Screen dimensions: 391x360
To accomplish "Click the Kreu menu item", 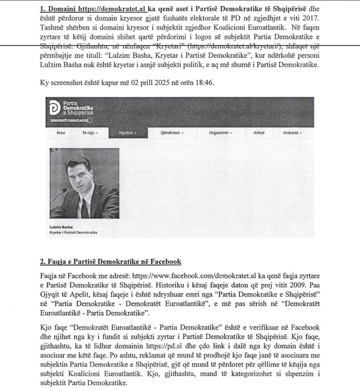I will [x=61, y=133].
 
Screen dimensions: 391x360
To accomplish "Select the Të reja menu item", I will [x=90, y=133].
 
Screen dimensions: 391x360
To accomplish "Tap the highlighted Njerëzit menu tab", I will [x=128, y=133].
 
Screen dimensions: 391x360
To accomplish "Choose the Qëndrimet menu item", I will [x=172, y=133].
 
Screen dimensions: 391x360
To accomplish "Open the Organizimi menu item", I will [x=221, y=133].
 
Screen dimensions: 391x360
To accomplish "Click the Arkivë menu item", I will [x=259, y=133].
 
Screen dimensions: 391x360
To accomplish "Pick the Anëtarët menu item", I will [x=292, y=133].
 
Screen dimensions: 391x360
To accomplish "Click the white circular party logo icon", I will [x=54, y=108].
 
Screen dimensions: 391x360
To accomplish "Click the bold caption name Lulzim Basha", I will [x=58, y=228].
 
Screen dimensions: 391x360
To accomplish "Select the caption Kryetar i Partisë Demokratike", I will [x=73, y=233].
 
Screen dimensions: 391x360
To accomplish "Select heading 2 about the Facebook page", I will [x=111, y=261].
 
